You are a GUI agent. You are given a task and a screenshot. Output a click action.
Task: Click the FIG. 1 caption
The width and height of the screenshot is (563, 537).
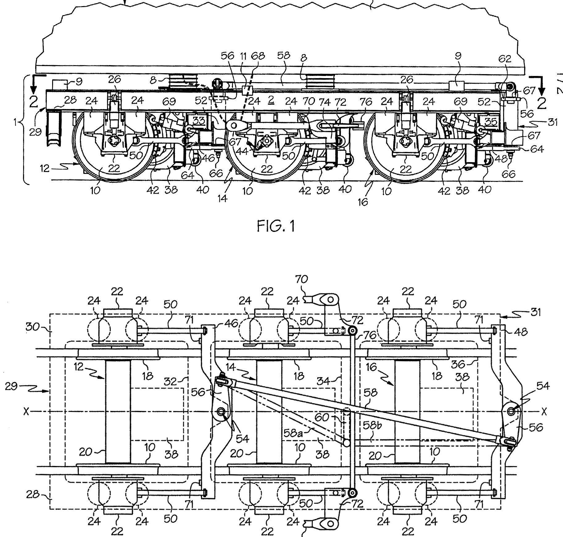point(276,226)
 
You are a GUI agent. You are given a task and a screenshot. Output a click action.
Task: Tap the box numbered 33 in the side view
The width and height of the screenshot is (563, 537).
point(199,120)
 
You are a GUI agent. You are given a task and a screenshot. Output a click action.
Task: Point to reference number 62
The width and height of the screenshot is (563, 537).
point(505,59)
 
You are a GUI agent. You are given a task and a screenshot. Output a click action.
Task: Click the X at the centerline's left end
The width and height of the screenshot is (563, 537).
point(27,412)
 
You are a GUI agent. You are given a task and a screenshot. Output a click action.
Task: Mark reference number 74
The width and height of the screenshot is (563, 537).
point(327,102)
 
